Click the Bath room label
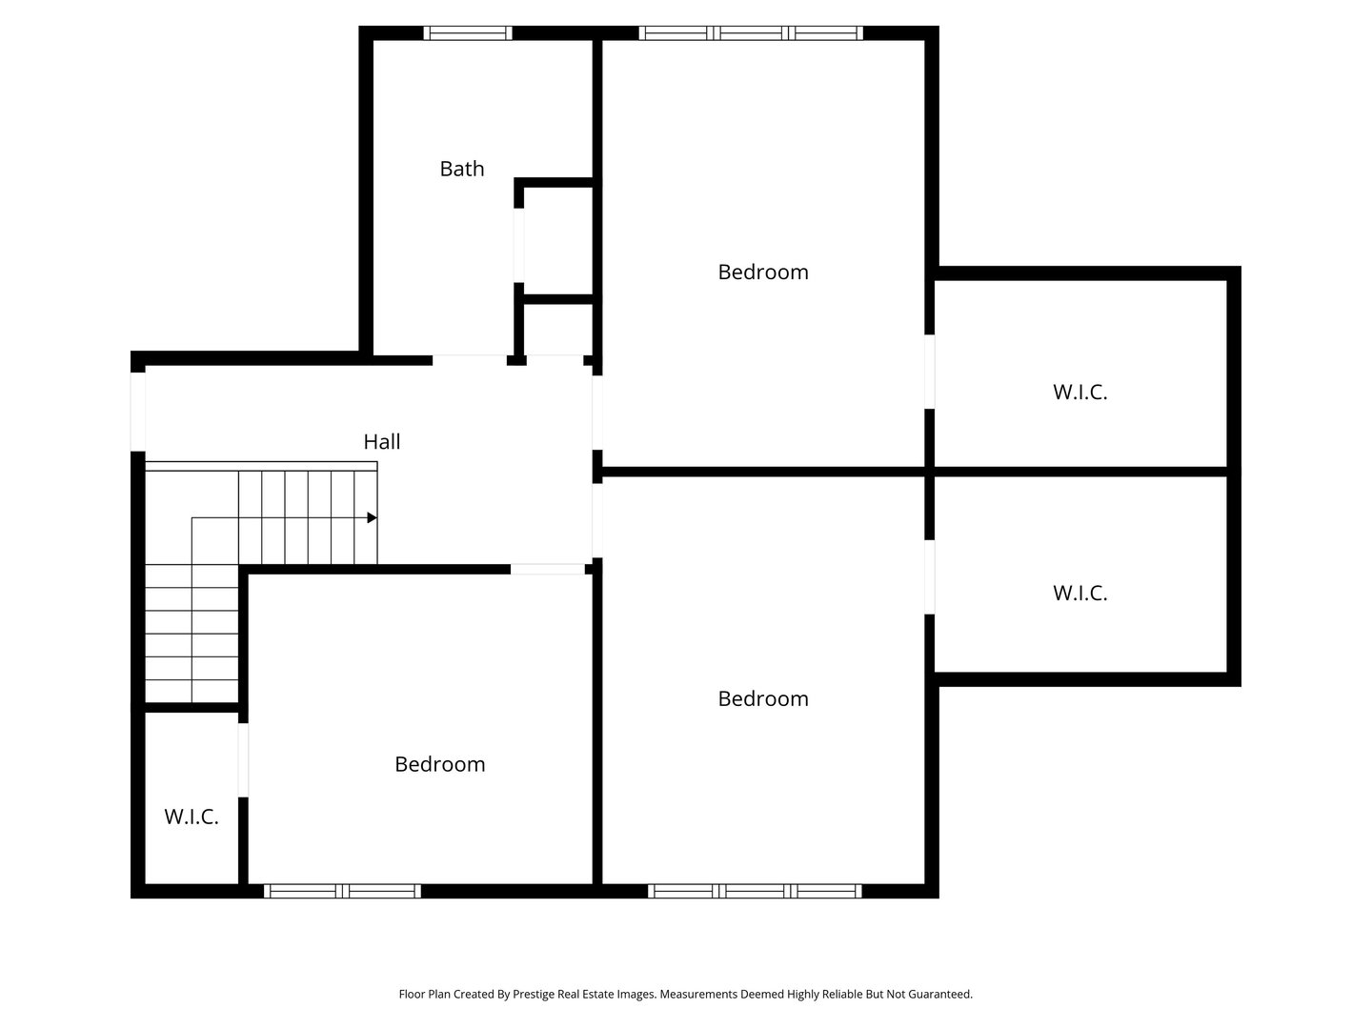click(x=462, y=169)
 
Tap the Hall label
click(x=381, y=442)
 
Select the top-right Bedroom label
click(x=762, y=272)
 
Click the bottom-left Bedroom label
click(x=440, y=764)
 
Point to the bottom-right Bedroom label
click(x=762, y=698)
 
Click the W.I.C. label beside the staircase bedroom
click(x=192, y=817)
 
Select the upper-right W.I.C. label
click(x=1079, y=392)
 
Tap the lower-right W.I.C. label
click(x=1079, y=593)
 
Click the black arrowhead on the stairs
click(x=372, y=517)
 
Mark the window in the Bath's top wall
click(x=468, y=33)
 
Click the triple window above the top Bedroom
click(x=751, y=33)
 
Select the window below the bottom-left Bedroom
click(x=342, y=891)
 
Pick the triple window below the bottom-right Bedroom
click(x=755, y=891)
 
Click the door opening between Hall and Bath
click(x=470, y=360)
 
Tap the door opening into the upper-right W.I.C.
click(x=930, y=372)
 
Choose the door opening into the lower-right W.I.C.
click(x=930, y=576)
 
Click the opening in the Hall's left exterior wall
click(x=137, y=412)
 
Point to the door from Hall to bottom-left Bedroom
click(x=548, y=569)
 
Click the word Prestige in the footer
click(x=534, y=994)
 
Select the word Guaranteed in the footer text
click(x=939, y=994)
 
